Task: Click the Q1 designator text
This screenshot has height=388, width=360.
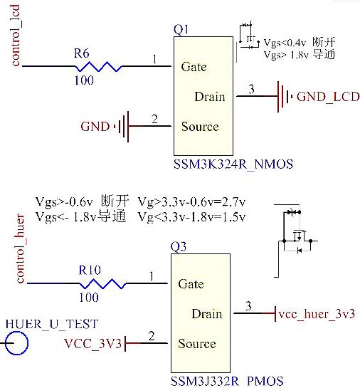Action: pos(181,29)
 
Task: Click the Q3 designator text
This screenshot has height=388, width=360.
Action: pos(179,247)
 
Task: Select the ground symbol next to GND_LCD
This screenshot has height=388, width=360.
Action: pos(284,96)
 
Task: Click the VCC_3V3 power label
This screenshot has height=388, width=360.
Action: pos(93,345)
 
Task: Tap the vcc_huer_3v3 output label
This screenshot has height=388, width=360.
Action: pos(316,314)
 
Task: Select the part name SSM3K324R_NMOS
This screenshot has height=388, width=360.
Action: pos(233,165)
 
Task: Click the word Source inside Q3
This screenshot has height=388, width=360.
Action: pos(196,344)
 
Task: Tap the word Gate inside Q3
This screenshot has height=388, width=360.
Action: pos(191,284)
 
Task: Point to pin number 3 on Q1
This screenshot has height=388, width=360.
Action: pos(250,88)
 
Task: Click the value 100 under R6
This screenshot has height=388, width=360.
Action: pos(84,81)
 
